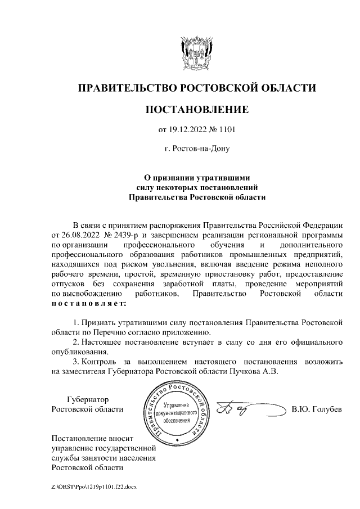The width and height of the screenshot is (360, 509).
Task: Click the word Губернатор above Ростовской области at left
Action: point(87,399)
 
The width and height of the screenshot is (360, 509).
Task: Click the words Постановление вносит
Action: point(91,438)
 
